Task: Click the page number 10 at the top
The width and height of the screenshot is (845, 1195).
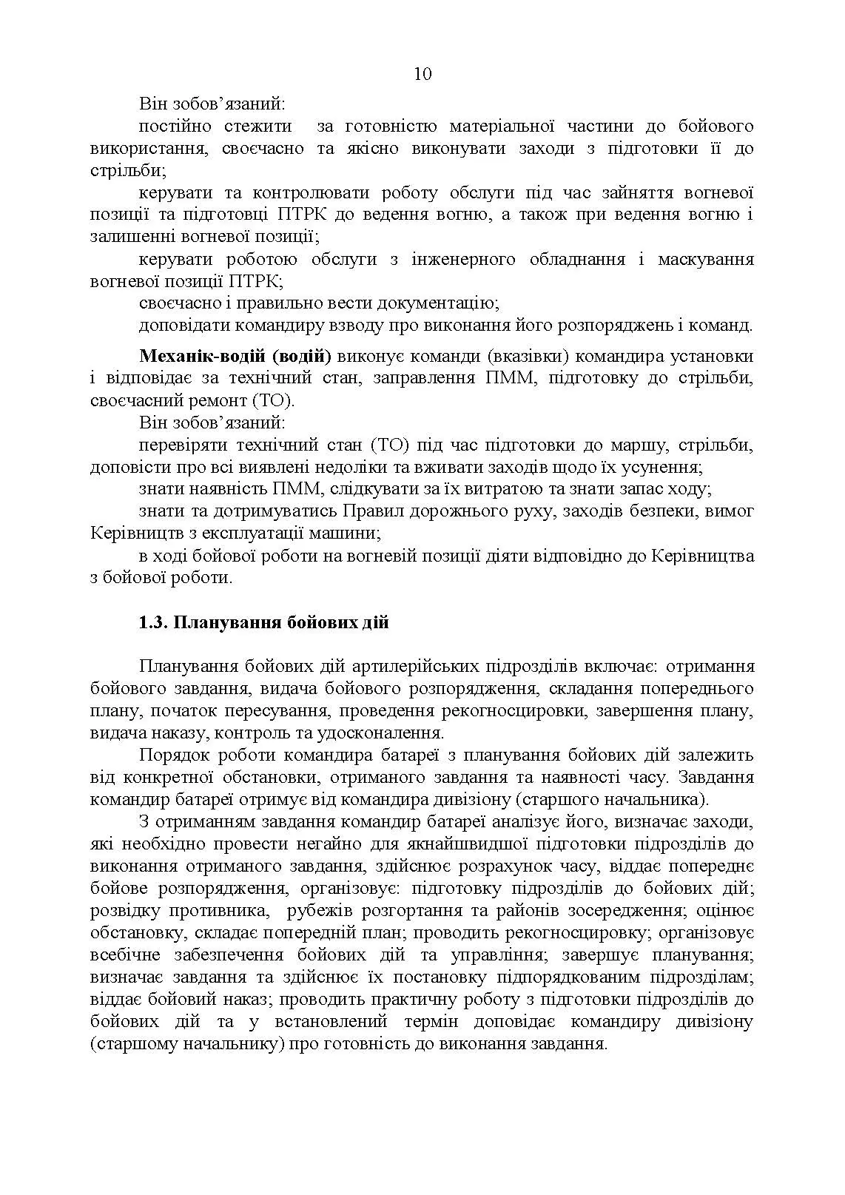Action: (x=422, y=74)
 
